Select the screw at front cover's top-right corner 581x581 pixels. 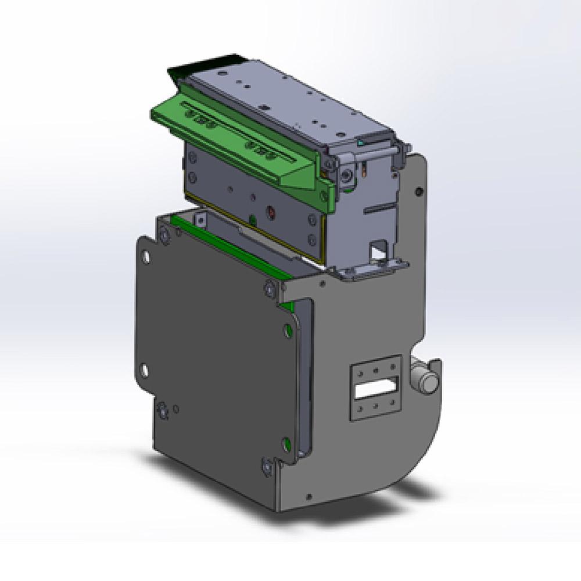(x=270, y=286)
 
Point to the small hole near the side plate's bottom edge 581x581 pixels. (x=309, y=497)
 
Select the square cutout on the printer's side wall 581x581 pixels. (x=378, y=250)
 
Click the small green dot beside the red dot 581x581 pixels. (x=252, y=218)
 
